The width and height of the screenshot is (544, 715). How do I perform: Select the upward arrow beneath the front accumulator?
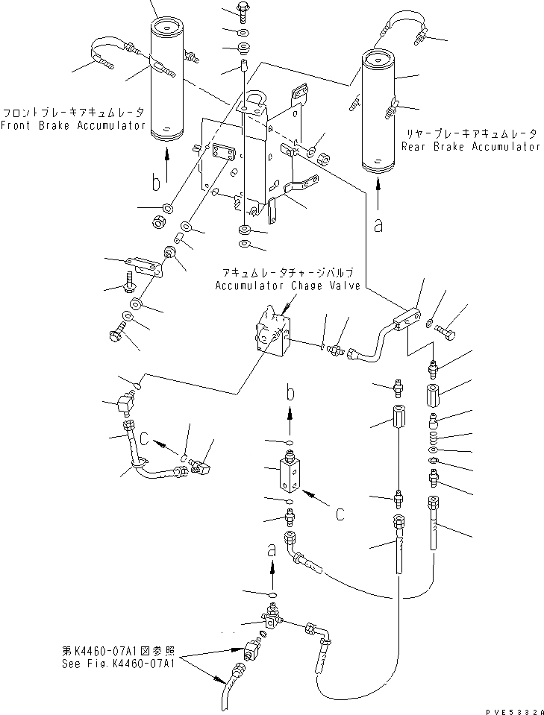[x=166, y=164]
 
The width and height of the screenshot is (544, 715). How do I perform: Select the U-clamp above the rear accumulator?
[x=404, y=22]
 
